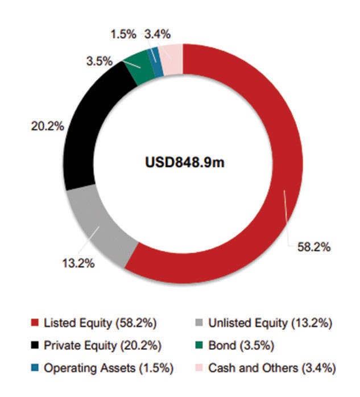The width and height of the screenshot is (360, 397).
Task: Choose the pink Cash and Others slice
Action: click(x=172, y=53)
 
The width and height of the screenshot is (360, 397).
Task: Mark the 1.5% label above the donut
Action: click(x=123, y=34)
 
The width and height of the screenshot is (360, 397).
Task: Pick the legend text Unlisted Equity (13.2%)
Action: click(x=270, y=324)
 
